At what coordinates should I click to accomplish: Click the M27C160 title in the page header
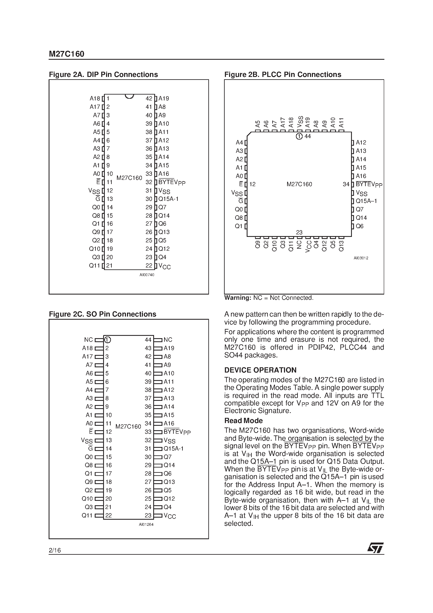tap(66, 54)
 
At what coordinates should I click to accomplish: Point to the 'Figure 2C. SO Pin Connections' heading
tap(102, 314)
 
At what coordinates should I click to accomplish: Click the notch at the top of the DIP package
tap(129, 96)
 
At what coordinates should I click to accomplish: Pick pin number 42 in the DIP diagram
tap(149, 99)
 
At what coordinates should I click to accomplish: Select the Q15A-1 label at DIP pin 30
tap(169, 199)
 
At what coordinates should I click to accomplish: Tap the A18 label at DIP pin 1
tap(95, 99)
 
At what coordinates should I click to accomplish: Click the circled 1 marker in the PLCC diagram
tap(299, 136)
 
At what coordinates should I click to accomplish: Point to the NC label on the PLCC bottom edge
tap(299, 245)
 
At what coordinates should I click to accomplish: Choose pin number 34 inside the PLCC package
tap(346, 184)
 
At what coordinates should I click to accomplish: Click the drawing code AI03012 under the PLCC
tap(361, 258)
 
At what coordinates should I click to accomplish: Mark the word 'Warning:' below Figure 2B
tap(238, 298)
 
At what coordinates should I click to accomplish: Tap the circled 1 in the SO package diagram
tap(107, 340)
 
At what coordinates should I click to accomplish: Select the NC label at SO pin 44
tap(168, 340)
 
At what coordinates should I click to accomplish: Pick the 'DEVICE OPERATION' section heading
tap(260, 370)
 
